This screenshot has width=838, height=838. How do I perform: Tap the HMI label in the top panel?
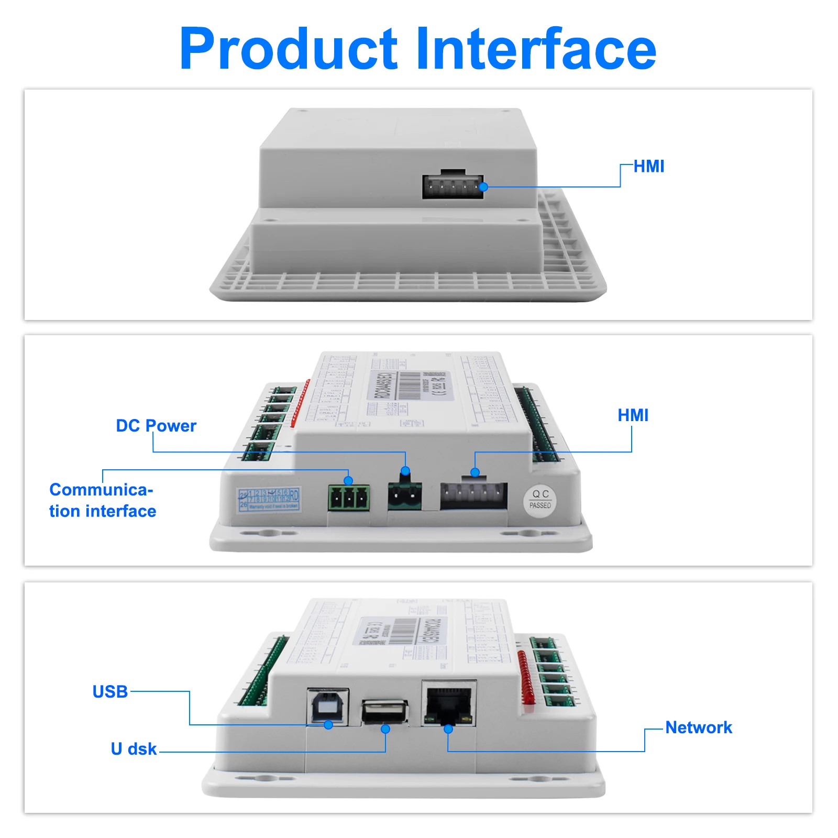pyautogui.click(x=648, y=167)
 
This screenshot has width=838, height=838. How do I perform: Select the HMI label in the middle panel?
pyautogui.click(x=633, y=415)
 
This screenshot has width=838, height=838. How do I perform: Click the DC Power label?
pyautogui.click(x=156, y=426)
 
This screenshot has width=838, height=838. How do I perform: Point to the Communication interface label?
pyautogui.click(x=103, y=500)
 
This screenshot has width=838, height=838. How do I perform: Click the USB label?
pyautogui.click(x=110, y=692)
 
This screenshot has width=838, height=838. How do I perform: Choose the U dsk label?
pyautogui.click(x=134, y=749)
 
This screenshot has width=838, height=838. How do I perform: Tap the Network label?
pyautogui.click(x=699, y=727)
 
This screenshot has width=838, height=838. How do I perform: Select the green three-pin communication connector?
pyautogui.click(x=349, y=498)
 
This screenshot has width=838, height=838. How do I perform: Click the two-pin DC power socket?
pyautogui.click(x=405, y=495)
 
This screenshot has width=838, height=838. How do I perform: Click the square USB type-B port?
pyautogui.click(x=328, y=706)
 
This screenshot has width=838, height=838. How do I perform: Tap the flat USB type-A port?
pyautogui.click(x=385, y=712)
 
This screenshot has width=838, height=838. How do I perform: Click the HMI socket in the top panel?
pyautogui.click(x=453, y=186)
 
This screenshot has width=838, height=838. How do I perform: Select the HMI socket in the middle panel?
pyautogui.click(x=473, y=495)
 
